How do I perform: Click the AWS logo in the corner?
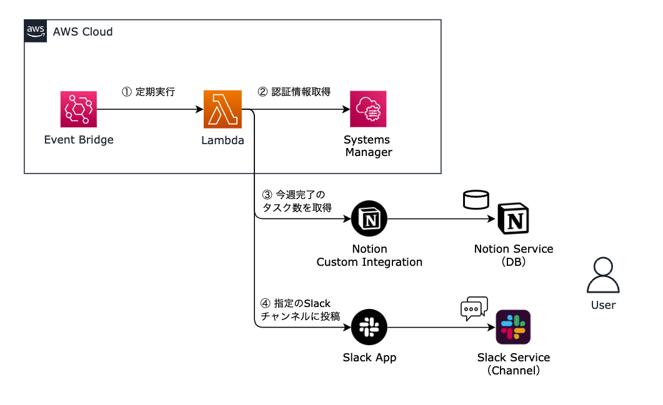tap(36, 31)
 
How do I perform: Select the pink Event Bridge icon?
tap(79, 109)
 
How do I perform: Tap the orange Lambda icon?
tap(222, 109)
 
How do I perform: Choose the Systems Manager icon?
tap(368, 109)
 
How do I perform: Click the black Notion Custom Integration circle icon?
tap(369, 219)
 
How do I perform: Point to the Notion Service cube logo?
tap(514, 220)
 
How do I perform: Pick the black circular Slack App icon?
tap(369, 327)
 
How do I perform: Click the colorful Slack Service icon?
tap(513, 327)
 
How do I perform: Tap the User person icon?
tap(603, 276)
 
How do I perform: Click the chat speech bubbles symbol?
tap(473, 308)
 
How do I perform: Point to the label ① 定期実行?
tap(148, 92)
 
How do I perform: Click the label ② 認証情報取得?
tap(294, 92)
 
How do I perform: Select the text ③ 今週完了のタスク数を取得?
tap(296, 201)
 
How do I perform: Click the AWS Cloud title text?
tap(83, 31)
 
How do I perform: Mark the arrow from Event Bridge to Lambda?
tap(150, 110)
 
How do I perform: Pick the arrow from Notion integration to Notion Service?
tap(441, 219)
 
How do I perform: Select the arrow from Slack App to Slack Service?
tap(441, 327)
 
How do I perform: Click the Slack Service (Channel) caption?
tap(514, 364)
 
